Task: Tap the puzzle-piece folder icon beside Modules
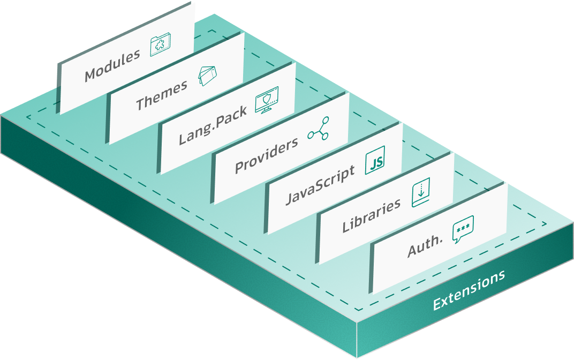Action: pos(160,46)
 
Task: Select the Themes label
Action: pos(162,95)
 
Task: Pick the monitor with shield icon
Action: pos(266,100)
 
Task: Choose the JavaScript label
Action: pos(320,185)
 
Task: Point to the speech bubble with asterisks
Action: pos(463,231)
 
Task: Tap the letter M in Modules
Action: pos(93,74)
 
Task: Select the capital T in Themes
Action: pos(141,103)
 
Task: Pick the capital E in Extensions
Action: pos(437,304)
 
